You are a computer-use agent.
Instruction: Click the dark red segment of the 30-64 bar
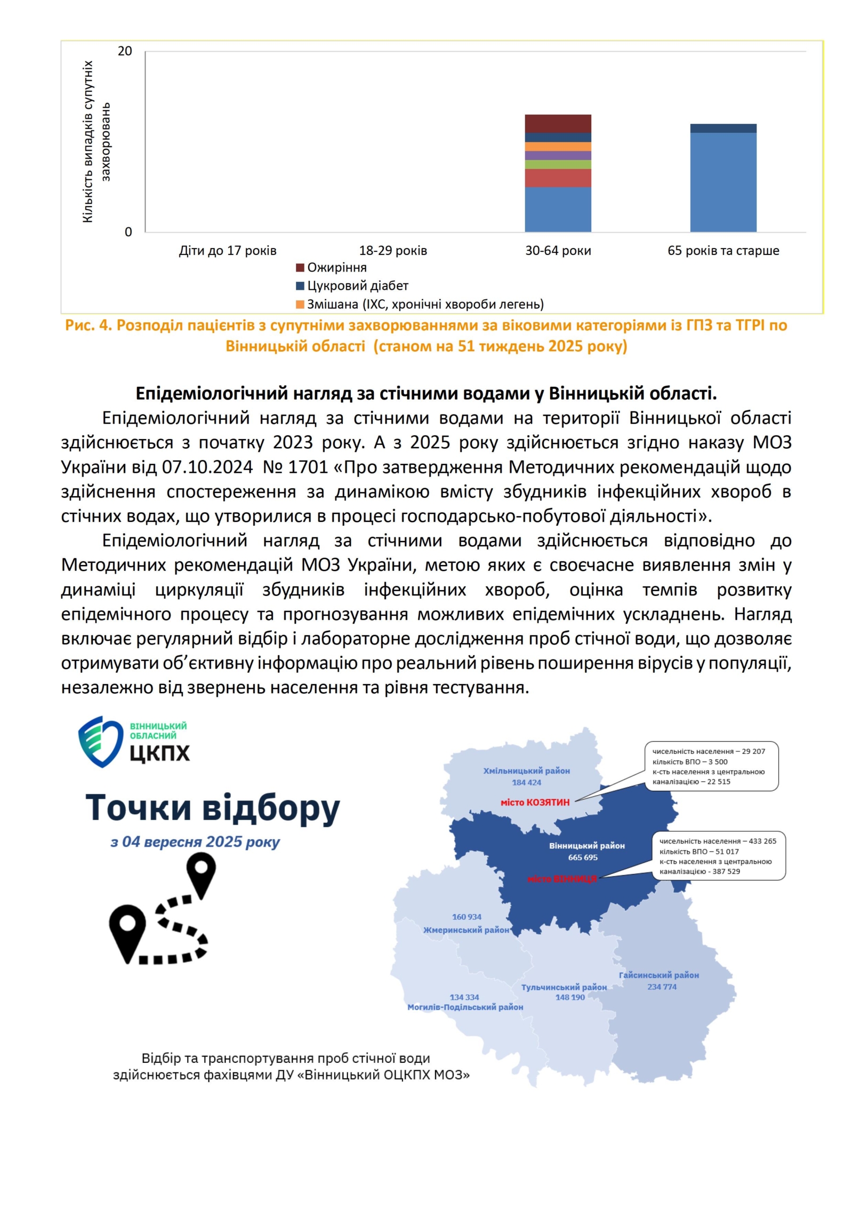(558, 123)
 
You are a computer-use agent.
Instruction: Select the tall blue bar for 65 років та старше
(723, 181)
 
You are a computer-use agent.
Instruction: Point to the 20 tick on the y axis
(125, 51)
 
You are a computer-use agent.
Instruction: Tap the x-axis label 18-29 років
(393, 250)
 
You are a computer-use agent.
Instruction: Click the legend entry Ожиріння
(336, 267)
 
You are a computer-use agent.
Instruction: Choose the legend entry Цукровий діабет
(357, 285)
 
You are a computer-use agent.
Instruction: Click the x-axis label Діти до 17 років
(228, 250)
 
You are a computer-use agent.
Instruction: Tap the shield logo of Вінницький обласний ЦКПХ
(100, 742)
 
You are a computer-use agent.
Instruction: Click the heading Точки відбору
(212, 807)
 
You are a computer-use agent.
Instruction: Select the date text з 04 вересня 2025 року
(195, 842)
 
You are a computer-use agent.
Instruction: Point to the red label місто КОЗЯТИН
(535, 802)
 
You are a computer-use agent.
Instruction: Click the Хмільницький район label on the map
(526, 771)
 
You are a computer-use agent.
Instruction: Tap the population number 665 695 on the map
(583, 857)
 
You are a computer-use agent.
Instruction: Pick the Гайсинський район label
(658, 975)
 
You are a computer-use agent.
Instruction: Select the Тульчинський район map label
(564, 987)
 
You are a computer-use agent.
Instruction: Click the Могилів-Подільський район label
(465, 1007)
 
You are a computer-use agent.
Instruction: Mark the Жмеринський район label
(466, 930)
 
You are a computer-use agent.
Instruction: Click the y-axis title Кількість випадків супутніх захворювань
(96, 141)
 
